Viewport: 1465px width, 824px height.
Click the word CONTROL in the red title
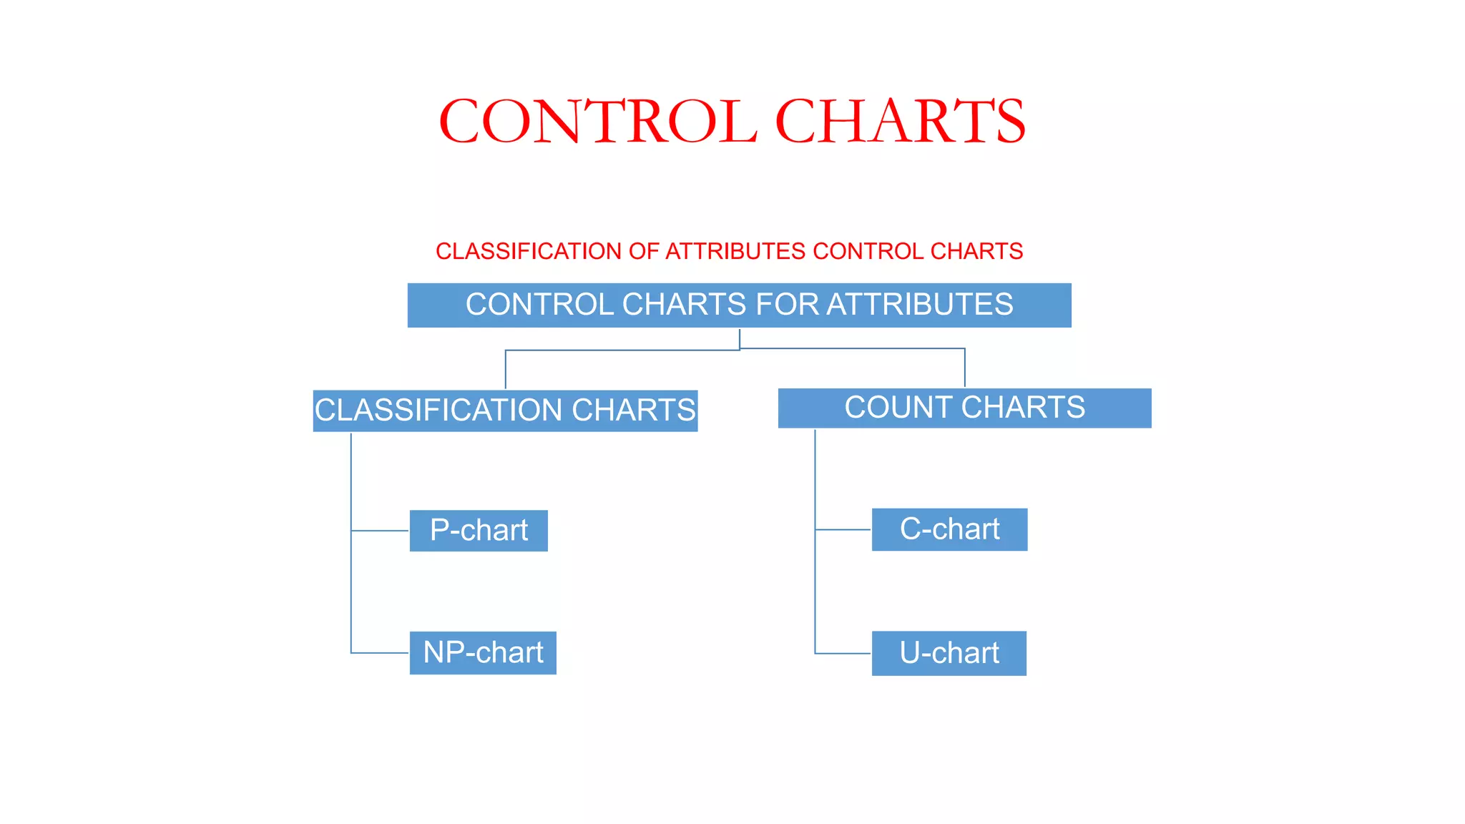tap(597, 122)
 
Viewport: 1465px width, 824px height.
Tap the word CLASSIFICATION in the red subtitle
tap(529, 251)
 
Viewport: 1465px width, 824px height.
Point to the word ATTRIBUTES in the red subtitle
tap(735, 251)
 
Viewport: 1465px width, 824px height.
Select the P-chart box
tap(479, 531)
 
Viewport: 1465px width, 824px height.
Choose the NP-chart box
tap(483, 653)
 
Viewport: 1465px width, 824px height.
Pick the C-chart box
tap(949, 529)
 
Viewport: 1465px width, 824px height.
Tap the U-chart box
tap(949, 653)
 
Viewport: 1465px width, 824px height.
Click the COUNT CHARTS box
tap(964, 408)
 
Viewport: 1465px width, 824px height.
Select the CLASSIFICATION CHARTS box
tap(505, 411)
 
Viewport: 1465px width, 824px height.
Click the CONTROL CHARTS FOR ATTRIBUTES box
tap(739, 305)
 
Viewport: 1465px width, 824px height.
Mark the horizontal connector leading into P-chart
tap(380, 531)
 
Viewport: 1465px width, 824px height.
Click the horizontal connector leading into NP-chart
tap(380, 653)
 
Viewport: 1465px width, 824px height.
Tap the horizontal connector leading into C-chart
tap(843, 530)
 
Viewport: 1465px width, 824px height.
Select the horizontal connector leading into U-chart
tap(843, 654)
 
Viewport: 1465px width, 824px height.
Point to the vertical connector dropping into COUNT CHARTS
tap(965, 368)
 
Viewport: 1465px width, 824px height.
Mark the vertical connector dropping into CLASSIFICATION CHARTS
tap(506, 370)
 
